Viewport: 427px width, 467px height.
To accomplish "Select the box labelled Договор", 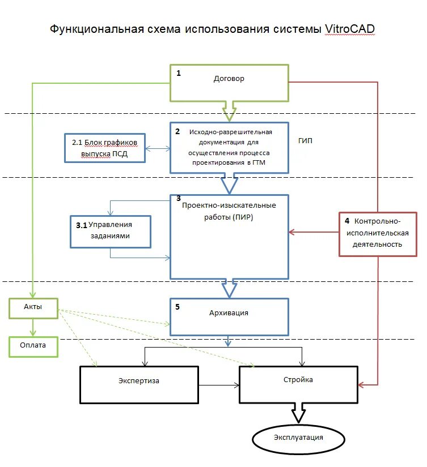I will coord(229,83).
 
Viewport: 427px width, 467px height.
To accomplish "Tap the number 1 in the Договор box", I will coord(179,73).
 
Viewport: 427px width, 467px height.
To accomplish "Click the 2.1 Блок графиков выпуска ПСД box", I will coord(105,148).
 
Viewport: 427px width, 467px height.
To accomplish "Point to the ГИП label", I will coord(305,140).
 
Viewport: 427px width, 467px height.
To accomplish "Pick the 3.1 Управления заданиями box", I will coord(111,231).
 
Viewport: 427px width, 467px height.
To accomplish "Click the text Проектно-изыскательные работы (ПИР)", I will coord(229,212).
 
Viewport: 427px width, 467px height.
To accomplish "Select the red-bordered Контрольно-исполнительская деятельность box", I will coord(377,234).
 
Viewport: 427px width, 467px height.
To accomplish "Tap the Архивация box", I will coord(229,317).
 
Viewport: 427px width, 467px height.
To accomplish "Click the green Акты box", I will coord(33,307).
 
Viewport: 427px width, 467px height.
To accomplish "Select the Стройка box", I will coord(298,384).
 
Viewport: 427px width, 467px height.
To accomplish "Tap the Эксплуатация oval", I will coord(299,439).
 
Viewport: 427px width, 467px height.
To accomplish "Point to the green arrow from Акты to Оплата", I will coord(33,327).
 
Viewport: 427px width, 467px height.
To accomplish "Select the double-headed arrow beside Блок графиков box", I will coord(158,149).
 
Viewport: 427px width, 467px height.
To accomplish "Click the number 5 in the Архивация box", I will coord(178,307).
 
